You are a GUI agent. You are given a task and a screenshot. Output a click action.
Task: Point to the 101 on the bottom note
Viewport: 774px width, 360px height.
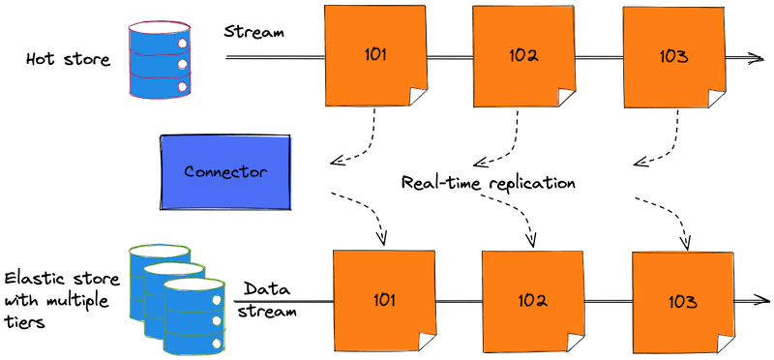[x=384, y=300]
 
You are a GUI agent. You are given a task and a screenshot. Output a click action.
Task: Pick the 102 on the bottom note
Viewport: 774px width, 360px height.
[x=532, y=300]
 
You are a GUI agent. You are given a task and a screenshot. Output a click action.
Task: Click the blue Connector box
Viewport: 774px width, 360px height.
[x=225, y=172]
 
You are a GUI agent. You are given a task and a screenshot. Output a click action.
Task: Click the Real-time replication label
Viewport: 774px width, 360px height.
[x=490, y=182]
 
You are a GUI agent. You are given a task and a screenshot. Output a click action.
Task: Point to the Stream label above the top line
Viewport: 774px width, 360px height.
[x=254, y=34]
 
